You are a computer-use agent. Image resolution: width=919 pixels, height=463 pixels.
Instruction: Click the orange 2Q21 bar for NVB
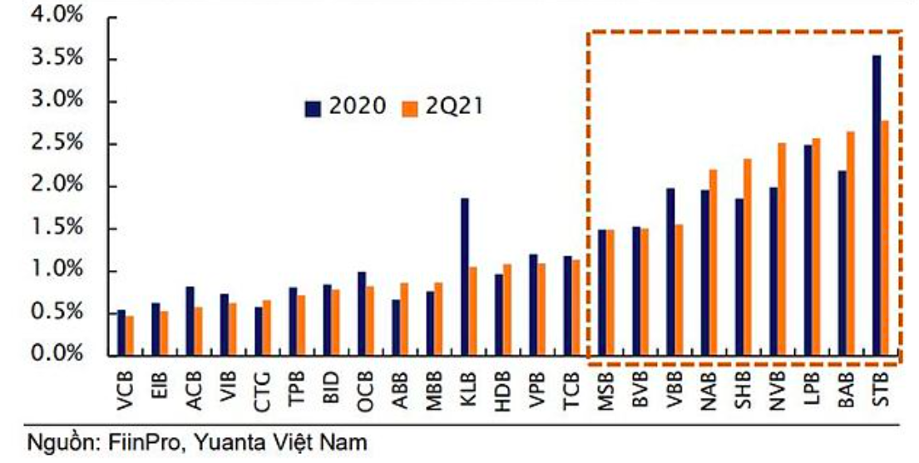point(782,249)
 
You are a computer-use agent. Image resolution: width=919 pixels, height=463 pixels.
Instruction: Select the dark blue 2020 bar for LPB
point(808,249)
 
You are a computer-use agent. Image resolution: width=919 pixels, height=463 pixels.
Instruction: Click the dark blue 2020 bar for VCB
point(121,332)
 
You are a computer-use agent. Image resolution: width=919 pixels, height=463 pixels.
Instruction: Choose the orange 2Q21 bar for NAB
point(713,262)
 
